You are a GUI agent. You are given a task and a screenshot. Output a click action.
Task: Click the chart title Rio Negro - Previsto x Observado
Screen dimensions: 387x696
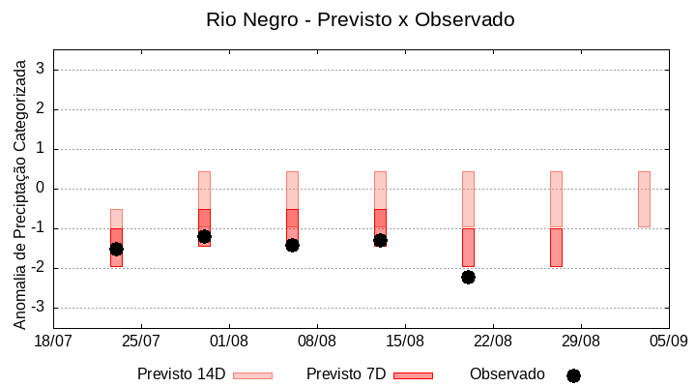coord(360,19)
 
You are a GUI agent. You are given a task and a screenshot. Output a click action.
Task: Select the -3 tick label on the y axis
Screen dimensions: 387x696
coord(39,308)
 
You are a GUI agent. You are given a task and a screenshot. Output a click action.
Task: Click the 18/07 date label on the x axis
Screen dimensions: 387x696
coord(53,341)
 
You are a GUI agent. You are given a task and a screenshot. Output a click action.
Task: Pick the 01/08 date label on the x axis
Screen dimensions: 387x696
coord(229,341)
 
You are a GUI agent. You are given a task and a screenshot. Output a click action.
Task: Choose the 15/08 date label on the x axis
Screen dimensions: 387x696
coord(405,341)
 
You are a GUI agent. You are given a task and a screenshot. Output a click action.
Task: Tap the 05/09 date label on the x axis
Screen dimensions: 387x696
coord(668,341)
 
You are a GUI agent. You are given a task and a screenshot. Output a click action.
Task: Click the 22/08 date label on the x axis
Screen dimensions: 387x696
coord(493,341)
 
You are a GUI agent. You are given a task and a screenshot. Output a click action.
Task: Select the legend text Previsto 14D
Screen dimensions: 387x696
coord(181,374)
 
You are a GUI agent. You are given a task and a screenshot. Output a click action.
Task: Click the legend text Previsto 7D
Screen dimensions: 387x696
coord(346,374)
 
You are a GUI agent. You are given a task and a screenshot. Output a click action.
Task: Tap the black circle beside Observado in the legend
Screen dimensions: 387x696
coord(573,375)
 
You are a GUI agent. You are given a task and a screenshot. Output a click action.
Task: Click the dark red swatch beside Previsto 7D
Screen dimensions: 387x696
coord(413,375)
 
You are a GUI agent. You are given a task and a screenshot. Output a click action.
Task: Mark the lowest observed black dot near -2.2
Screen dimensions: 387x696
coord(468,277)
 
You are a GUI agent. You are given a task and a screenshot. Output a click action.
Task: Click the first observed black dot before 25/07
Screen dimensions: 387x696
coord(116,249)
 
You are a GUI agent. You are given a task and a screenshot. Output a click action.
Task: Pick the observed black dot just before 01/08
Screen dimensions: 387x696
coord(204,236)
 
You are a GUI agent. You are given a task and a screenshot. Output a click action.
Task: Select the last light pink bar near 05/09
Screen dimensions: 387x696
coord(644,198)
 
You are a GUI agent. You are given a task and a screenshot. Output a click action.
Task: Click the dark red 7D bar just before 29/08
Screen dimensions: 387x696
coord(556,247)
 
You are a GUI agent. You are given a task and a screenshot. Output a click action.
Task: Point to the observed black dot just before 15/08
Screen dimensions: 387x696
coord(380,240)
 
